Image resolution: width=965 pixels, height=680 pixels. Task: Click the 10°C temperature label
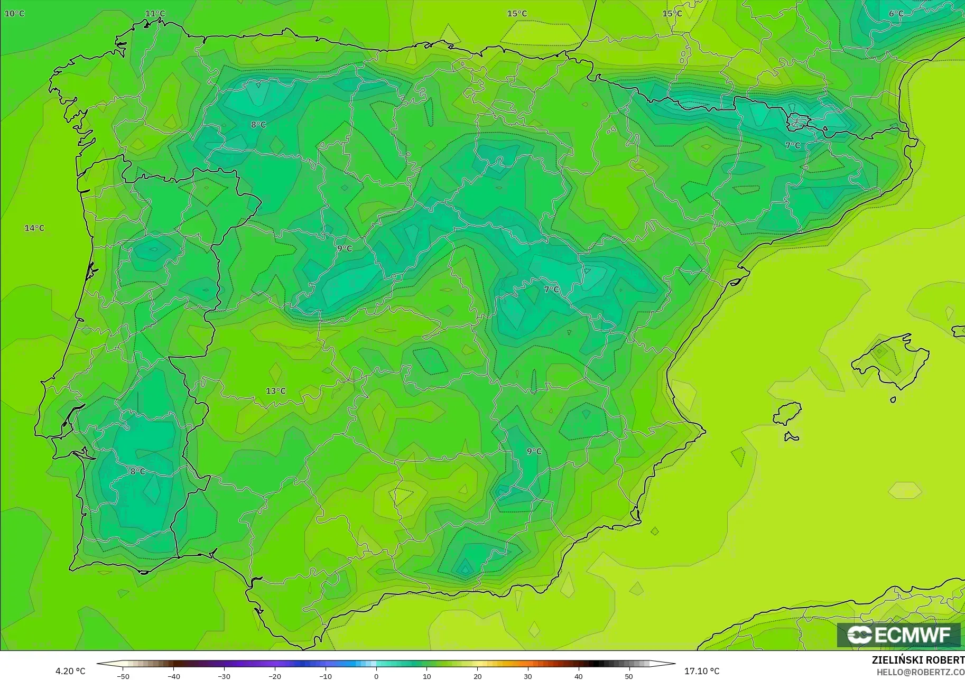14,13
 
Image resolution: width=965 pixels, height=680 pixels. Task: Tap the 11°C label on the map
155,14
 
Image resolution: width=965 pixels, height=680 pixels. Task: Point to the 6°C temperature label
896,14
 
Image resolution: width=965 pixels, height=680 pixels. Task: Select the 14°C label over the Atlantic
34,228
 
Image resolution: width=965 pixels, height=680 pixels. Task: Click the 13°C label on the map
275,391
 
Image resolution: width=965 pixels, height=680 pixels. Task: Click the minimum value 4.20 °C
70,671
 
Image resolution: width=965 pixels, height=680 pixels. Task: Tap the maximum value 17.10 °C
702,671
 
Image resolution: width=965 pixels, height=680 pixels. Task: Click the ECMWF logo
898,635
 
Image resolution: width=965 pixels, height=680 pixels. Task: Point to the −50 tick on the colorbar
123,676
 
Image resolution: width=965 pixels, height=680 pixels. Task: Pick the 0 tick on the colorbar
376,676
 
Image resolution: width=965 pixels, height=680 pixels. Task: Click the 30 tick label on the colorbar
527,676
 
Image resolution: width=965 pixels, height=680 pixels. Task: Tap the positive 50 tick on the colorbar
628,676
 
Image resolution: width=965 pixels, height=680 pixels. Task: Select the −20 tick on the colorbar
274,676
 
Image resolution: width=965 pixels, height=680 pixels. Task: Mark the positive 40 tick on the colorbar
578,676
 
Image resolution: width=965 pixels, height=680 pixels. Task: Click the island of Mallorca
888,359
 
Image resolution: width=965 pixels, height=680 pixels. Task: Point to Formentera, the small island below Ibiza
791,436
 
